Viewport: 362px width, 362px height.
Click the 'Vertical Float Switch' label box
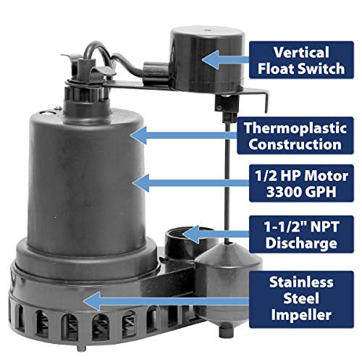[x=301, y=60]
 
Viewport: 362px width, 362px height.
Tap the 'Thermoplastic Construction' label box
[x=295, y=135]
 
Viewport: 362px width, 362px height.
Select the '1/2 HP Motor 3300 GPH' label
[x=301, y=183]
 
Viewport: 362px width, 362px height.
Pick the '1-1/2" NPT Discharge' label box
[x=301, y=235]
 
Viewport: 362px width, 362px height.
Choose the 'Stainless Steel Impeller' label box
[x=301, y=299]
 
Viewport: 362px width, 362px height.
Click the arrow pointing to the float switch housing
[x=226, y=59]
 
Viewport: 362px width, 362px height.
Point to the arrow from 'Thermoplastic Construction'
[x=183, y=135]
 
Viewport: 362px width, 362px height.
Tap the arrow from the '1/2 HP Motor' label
[x=190, y=183]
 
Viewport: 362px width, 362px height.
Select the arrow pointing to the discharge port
[x=216, y=234]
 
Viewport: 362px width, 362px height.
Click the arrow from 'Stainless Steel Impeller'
[x=166, y=301]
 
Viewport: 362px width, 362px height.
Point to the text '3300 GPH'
[x=301, y=192]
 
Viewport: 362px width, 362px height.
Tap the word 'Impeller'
[x=301, y=315]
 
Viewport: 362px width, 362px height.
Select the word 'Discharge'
[x=301, y=243]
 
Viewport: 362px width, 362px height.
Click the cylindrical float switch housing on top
[x=207, y=59]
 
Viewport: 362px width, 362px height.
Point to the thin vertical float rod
[x=227, y=183]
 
